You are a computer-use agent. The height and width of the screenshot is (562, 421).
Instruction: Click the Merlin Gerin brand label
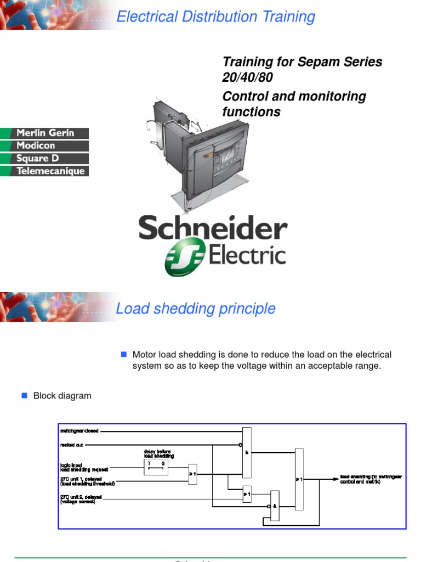coord(44,133)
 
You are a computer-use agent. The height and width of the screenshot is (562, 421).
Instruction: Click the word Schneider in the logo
coord(213,228)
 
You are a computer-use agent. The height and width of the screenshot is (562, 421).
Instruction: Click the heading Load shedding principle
coord(195,309)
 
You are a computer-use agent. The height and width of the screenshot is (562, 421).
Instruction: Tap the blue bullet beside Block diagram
coord(24,395)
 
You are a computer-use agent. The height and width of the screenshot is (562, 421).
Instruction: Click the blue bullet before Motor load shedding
coord(123,354)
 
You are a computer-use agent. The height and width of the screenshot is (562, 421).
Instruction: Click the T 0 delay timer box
coord(155,467)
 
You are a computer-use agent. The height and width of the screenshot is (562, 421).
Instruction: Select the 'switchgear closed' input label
coord(79,431)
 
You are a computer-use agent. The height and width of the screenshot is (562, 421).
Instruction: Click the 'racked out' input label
coord(71,445)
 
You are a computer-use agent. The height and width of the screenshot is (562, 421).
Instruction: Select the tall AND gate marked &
coord(247,452)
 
